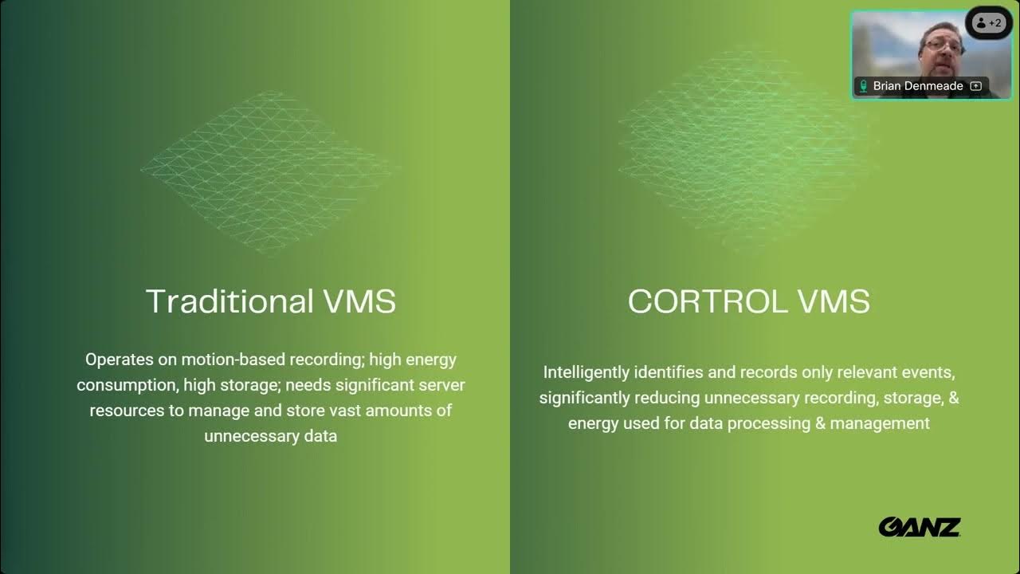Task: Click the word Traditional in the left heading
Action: [x=229, y=301]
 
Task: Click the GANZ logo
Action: [x=920, y=527]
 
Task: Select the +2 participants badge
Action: [x=989, y=23]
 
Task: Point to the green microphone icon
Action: [x=863, y=85]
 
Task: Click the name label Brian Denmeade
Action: [x=917, y=85]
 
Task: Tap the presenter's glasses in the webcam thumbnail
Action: [x=943, y=45]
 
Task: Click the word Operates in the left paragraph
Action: [x=120, y=360]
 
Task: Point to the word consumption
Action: [x=127, y=385]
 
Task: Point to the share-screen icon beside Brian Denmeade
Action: [x=975, y=85]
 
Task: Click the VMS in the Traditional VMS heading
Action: [x=359, y=301]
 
